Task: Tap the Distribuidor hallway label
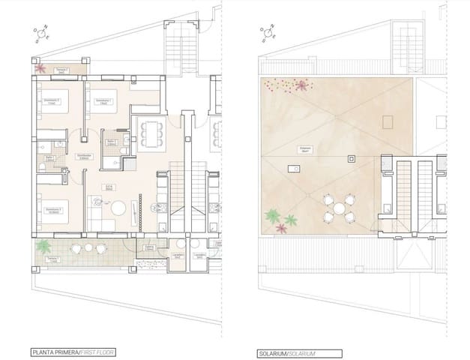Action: pos(85,156)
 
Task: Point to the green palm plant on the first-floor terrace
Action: pos(44,245)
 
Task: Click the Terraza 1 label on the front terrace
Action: pos(52,258)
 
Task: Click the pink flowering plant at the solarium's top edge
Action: pos(302,85)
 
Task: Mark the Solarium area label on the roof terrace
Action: pos(307,148)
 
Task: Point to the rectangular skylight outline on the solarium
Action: pos(388,121)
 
